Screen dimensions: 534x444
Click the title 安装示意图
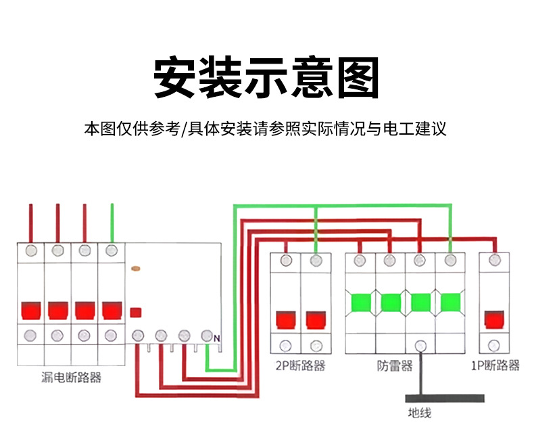tap(266, 77)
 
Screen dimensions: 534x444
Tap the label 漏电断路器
tap(71, 378)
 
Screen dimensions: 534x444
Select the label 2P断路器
tap(300, 365)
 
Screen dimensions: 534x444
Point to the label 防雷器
tap(395, 365)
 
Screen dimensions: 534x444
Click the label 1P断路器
tap(495, 365)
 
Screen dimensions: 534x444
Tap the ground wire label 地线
tap(420, 413)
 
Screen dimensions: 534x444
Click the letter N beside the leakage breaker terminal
tap(217, 338)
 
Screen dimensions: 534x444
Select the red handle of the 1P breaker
tap(494, 319)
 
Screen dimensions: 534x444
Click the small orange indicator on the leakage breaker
tap(136, 269)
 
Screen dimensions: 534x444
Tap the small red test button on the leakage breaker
tap(136, 313)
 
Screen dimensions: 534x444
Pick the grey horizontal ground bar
tap(445, 398)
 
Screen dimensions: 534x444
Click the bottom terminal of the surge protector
tap(420, 346)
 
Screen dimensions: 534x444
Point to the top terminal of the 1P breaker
tap(495, 260)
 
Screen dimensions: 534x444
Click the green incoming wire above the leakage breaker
tap(112, 223)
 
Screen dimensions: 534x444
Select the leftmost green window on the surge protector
tap(361, 303)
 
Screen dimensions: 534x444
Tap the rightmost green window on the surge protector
tap(451, 303)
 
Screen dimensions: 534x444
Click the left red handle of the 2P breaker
tap(286, 320)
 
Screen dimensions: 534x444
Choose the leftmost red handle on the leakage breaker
tap(31, 310)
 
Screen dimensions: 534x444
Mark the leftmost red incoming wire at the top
tap(30, 223)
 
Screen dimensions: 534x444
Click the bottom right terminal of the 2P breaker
tap(316, 346)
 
